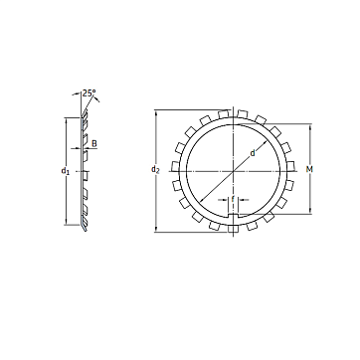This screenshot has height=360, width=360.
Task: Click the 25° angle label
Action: coord(90,93)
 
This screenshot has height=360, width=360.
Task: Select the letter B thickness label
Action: coord(94,144)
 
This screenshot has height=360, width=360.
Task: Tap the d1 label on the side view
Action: coord(66,171)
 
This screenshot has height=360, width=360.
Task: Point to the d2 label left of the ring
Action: coord(155,170)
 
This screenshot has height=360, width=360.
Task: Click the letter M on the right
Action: coord(309,170)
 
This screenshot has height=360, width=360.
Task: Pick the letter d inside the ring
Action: coord(253,153)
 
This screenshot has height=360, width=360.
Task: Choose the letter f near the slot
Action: coord(233,199)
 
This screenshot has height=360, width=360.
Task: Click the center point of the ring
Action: coord(234,171)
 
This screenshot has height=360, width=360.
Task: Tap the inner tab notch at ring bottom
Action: coord(234,216)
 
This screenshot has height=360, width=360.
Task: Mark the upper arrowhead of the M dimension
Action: coord(310,127)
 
